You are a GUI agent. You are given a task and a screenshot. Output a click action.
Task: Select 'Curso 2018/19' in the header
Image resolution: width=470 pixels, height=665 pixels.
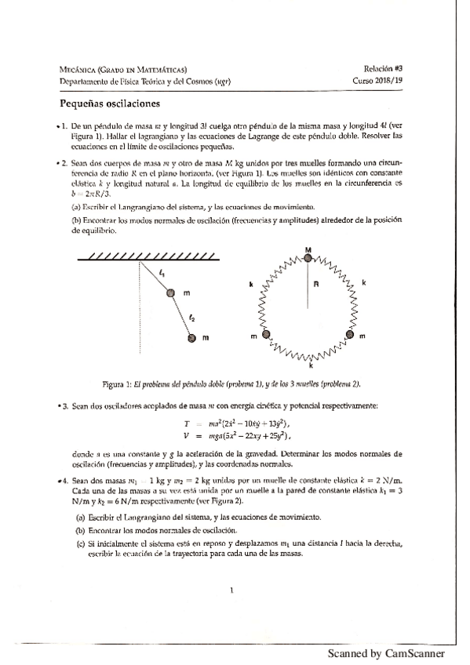click(x=380, y=81)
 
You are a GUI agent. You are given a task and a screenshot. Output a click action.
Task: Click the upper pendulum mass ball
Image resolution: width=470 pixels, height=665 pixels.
click(x=170, y=293)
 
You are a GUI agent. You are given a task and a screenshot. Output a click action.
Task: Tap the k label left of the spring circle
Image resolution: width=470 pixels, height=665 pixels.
click(x=251, y=285)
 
